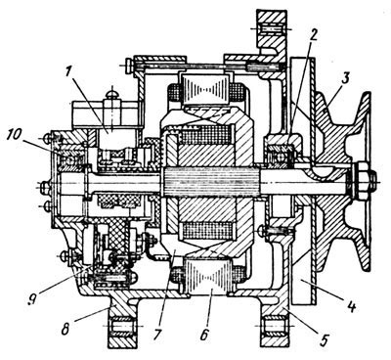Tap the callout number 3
(x=345, y=79)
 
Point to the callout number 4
(x=351, y=307)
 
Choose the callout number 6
(x=204, y=335)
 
